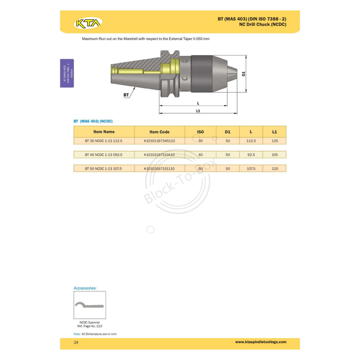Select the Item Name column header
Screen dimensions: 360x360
pyautogui.click(x=104, y=132)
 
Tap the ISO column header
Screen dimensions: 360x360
pyautogui.click(x=200, y=132)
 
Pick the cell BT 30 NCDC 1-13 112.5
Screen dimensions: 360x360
pyautogui.click(x=104, y=141)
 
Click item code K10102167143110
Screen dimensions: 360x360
pyautogui.click(x=159, y=155)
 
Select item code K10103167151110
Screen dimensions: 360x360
pyautogui.click(x=159, y=168)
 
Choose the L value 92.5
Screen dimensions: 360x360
pyautogui.click(x=251, y=155)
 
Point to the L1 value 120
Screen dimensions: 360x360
pyautogui.click(x=274, y=168)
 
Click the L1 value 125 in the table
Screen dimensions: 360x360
pyautogui.click(x=274, y=141)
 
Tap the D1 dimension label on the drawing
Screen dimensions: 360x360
pyautogui.click(x=244, y=74)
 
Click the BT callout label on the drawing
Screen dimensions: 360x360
pyautogui.click(x=126, y=95)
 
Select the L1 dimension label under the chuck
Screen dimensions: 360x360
pyautogui.click(x=198, y=112)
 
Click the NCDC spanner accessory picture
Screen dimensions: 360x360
pyautogui.click(x=89, y=305)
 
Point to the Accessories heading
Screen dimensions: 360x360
pyautogui.click(x=85, y=288)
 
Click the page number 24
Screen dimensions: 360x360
pyautogui.click(x=76, y=342)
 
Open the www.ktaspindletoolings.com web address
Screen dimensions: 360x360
pyautogui.click(x=261, y=342)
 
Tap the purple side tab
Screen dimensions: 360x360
pyautogui.click(x=67, y=73)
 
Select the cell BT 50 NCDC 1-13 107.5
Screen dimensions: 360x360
pyautogui.click(x=104, y=168)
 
